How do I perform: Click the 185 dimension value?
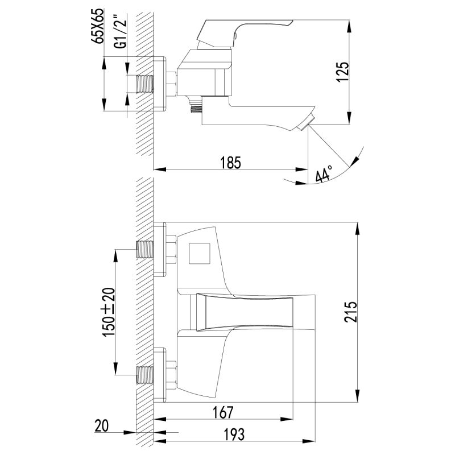pyautogui.click(x=230, y=162)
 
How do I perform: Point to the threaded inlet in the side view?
pyautogui.click(x=146, y=84)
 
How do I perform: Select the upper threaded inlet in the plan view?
pyautogui.click(x=146, y=250)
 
